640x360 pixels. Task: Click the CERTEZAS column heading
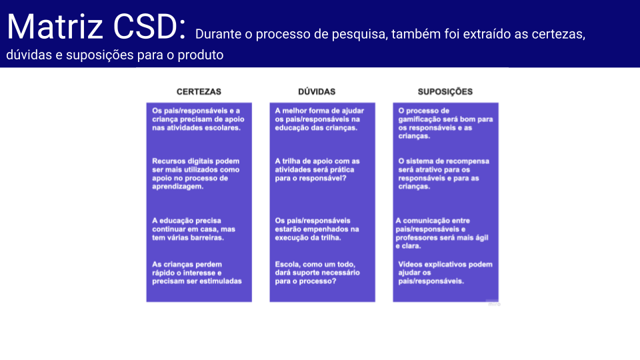[199, 92]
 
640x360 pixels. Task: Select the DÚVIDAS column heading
[317, 92]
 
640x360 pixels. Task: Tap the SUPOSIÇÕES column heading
[445, 92]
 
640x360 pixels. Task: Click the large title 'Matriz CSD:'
[96, 27]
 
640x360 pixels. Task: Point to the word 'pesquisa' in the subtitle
[359, 34]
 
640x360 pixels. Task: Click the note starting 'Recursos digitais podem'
[196, 174]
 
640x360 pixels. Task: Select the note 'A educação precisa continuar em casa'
[194, 229]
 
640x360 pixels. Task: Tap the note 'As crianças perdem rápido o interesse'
[197, 273]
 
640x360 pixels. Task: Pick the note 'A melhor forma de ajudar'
[319, 119]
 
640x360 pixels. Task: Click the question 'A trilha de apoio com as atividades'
[317, 169]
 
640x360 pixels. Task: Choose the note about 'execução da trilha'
[317, 229]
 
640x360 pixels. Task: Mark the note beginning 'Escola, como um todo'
[317, 273]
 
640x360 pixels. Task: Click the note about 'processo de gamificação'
[446, 123]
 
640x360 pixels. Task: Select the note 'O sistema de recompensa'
[444, 174]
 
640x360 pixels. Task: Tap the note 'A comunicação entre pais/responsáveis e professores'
[442, 233]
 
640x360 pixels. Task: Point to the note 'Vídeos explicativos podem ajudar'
[445, 273]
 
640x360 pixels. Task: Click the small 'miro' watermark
[494, 304]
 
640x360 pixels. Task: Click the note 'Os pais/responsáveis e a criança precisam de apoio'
[199, 119]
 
